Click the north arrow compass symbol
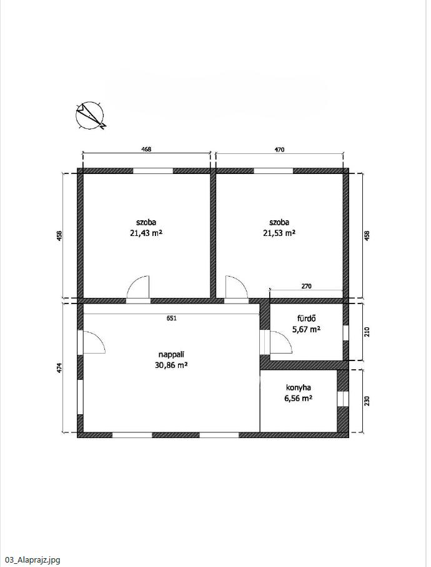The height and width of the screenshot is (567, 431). point(90,116)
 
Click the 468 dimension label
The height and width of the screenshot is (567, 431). point(146,149)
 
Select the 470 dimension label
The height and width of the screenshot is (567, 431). point(279,149)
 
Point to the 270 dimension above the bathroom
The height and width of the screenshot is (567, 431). point(306,286)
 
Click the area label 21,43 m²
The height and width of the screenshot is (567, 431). point(146,233)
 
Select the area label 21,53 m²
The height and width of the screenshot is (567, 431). point(279,233)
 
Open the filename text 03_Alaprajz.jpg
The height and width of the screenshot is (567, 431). point(31,560)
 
